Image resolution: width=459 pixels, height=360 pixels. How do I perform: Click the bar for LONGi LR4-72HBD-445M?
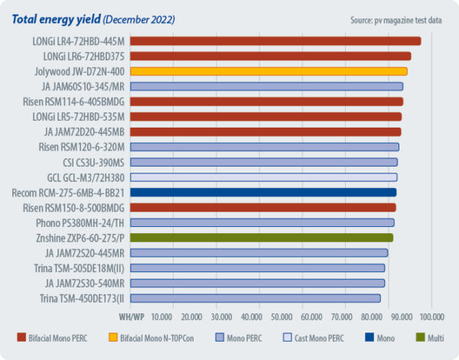tap(275, 41)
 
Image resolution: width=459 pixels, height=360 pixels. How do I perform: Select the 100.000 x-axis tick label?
tap(431, 316)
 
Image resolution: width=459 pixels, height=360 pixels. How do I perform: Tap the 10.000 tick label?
tap(161, 316)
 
